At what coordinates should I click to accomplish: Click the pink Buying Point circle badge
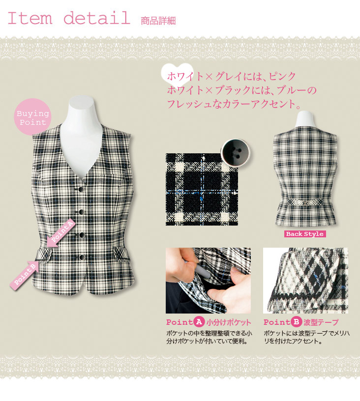(x=32, y=117)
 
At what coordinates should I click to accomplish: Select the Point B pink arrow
(x=25, y=275)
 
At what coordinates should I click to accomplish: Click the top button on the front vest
(x=81, y=189)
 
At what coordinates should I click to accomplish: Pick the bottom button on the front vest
(x=82, y=257)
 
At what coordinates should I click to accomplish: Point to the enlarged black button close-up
(x=236, y=153)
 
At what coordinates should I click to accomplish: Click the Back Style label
(x=305, y=234)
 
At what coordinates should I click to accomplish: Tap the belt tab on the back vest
(x=305, y=202)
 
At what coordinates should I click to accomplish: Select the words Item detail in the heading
(x=69, y=18)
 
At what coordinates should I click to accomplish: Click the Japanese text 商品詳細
(x=158, y=21)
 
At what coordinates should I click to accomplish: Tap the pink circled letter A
(x=199, y=322)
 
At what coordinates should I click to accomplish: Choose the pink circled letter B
(x=296, y=322)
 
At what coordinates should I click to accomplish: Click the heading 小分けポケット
(x=229, y=322)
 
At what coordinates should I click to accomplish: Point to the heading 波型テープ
(x=321, y=322)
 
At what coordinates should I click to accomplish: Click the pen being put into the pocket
(x=200, y=268)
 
